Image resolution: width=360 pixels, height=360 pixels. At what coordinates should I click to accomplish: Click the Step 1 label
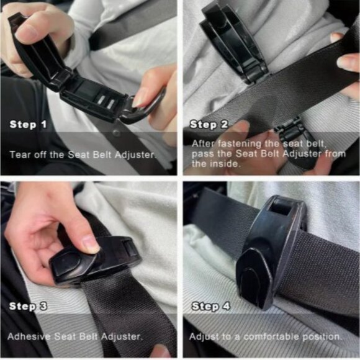click(28, 125)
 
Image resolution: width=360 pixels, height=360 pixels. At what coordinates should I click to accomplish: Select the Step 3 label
click(28, 306)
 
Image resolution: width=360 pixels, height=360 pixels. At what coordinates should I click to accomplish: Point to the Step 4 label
click(209, 306)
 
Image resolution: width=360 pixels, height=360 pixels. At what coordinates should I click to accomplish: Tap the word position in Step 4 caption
click(320, 336)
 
